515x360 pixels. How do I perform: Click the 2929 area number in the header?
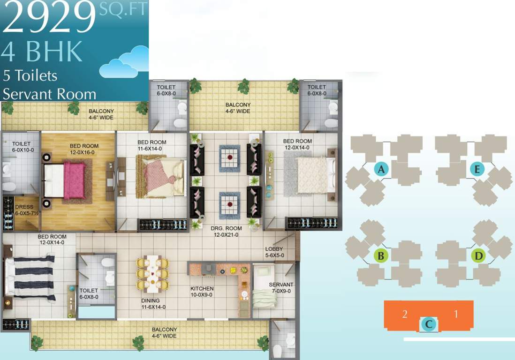click(49, 18)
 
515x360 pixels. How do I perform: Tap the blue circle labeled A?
click(381, 170)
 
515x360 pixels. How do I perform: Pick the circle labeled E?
click(477, 170)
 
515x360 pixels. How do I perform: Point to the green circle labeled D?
click(478, 256)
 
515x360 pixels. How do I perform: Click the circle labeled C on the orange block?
click(429, 323)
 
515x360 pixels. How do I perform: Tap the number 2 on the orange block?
click(404, 314)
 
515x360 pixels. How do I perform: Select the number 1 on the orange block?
click(455, 314)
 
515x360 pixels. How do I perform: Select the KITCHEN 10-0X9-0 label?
click(202, 292)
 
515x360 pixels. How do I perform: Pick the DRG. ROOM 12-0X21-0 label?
click(226, 232)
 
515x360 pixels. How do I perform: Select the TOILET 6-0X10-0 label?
click(21, 147)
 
